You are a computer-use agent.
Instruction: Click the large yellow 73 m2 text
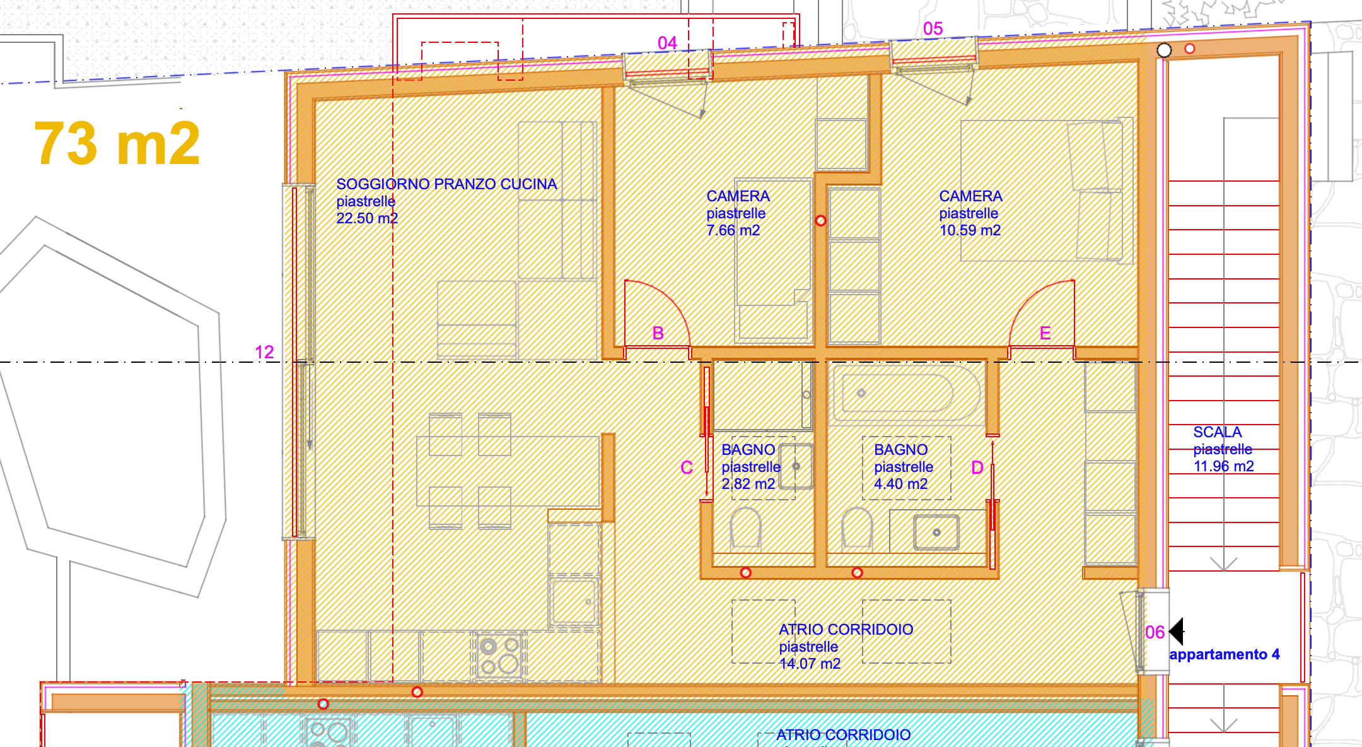117,144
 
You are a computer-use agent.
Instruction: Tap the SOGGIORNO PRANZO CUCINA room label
446,184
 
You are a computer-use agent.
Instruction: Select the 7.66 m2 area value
733,230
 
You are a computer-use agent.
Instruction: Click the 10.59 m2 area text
970,230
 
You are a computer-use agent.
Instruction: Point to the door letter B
658,333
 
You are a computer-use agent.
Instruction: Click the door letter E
1045,333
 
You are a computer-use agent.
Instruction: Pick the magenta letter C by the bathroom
687,468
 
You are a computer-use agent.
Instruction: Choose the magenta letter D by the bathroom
977,468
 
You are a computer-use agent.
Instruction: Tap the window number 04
667,43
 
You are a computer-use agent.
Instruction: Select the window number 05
933,28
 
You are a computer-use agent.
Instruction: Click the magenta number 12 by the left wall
264,352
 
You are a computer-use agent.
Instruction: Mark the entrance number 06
1155,632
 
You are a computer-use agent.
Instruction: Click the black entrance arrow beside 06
1177,631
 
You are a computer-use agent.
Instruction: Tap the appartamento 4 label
1224,654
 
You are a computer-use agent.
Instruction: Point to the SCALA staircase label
1217,432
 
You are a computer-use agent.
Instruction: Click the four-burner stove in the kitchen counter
498,656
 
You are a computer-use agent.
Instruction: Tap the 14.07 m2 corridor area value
810,664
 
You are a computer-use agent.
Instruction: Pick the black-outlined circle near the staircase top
1164,50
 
